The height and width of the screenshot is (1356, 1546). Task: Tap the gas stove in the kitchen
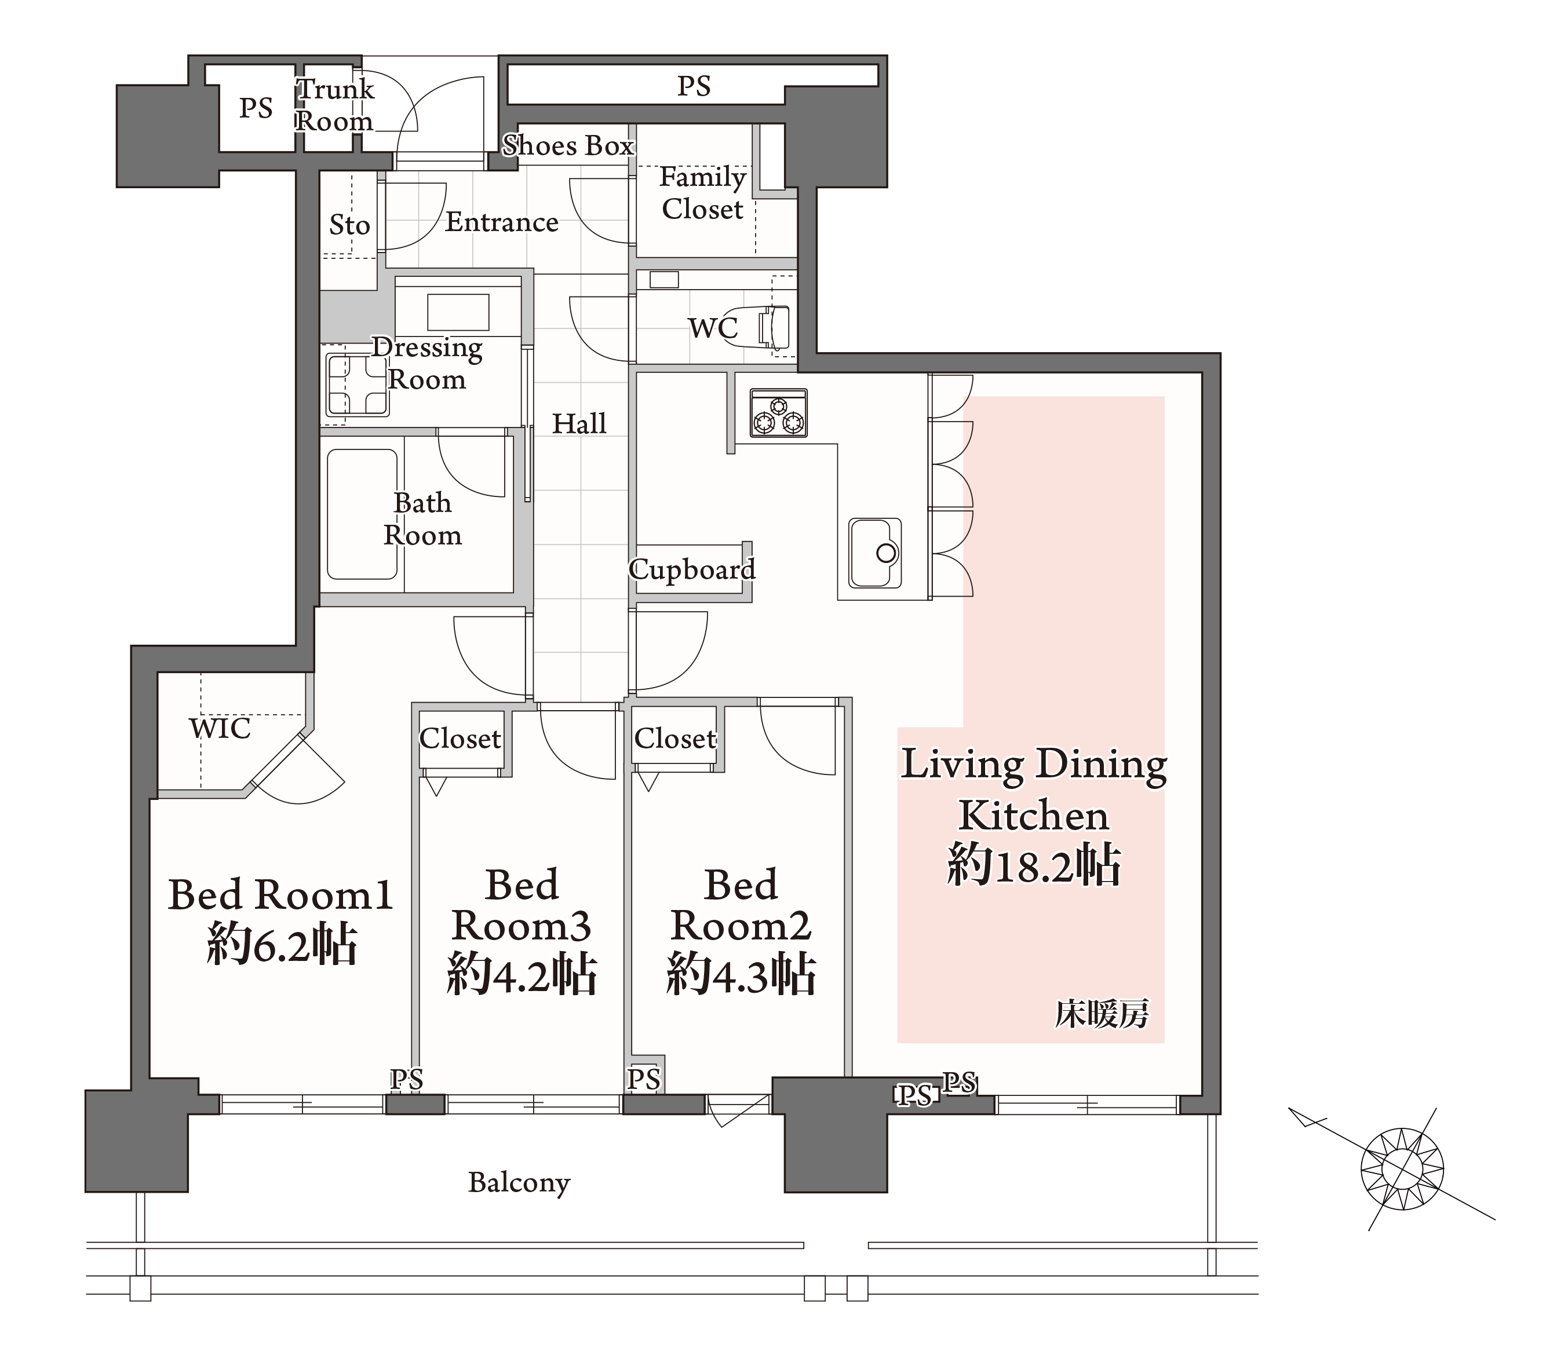tap(778, 413)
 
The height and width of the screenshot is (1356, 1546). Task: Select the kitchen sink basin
tap(875, 553)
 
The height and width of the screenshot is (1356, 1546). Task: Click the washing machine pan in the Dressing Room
tap(357, 383)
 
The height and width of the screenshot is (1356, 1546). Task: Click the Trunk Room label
tap(334, 105)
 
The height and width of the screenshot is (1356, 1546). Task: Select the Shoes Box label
tap(567, 145)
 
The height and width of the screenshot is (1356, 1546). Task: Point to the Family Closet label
tap(703, 193)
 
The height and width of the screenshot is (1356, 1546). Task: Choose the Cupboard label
tap(691, 569)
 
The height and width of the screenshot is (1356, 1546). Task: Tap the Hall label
tap(579, 423)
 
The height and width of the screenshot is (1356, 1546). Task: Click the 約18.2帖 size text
tap(1033, 864)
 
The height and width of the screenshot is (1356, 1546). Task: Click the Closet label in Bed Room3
tap(460, 738)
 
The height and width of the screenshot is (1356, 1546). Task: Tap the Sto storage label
tap(349, 225)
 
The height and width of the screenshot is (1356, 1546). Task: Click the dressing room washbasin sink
tap(458, 312)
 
